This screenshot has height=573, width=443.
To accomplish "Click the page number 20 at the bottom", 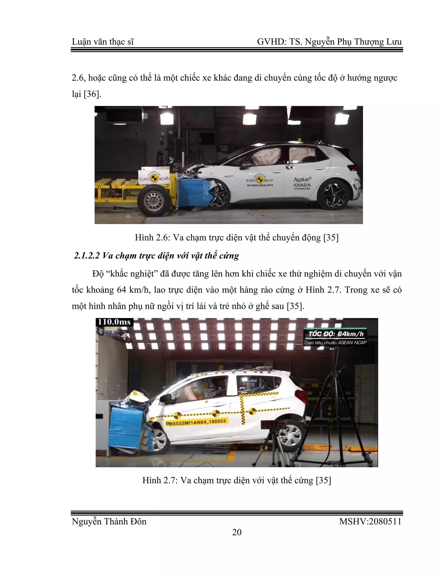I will [237, 532].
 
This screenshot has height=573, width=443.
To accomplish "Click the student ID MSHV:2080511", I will [370, 521].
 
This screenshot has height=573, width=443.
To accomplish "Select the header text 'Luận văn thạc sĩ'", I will [103, 42].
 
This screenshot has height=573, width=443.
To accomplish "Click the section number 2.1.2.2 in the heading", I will [87, 256].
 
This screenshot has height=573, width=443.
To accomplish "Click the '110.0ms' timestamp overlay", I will [114, 322].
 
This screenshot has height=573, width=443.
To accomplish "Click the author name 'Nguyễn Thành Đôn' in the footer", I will [109, 521].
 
